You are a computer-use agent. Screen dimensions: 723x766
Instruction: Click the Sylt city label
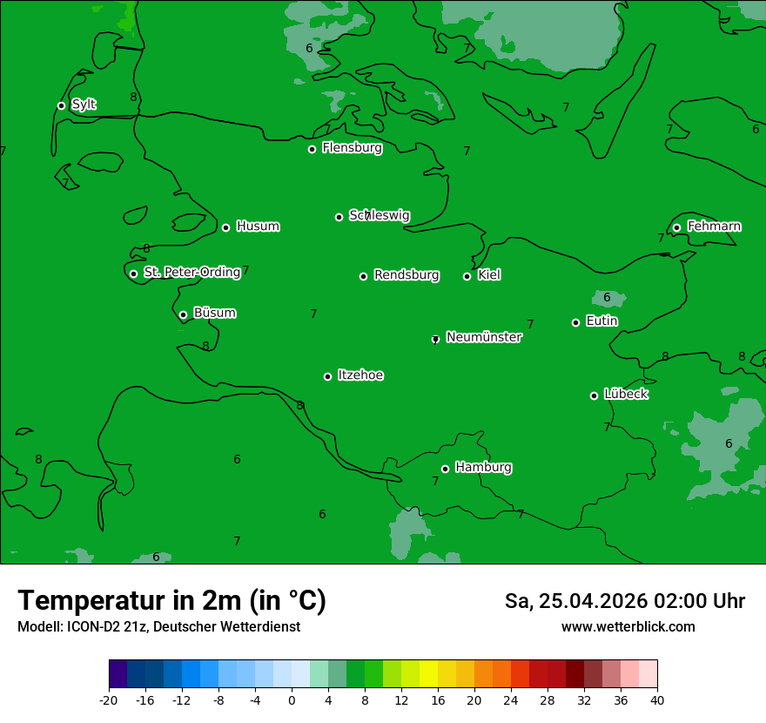point(84,105)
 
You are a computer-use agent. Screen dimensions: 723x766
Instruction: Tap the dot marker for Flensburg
point(312,149)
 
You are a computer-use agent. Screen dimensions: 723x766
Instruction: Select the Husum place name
point(258,226)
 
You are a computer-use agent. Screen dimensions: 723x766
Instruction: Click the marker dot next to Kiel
point(467,276)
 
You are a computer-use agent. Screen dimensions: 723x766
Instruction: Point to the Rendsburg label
point(407,275)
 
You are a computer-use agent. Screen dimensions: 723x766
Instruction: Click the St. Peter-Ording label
point(192,273)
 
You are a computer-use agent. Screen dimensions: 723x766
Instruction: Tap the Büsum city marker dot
point(183,314)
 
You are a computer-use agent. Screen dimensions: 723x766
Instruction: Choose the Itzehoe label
point(360,375)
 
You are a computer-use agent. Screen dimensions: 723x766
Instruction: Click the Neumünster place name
point(484,337)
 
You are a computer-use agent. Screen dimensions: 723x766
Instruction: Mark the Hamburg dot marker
point(445,469)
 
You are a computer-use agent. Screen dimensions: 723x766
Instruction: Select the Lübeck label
point(626,394)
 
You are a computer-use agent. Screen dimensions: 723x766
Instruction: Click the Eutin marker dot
point(575,322)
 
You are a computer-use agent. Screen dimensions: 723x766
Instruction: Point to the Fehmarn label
point(714,226)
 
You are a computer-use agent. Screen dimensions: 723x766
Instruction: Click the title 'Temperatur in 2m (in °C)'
point(172,600)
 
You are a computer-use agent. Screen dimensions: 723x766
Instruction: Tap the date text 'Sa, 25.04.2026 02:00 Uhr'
point(625,601)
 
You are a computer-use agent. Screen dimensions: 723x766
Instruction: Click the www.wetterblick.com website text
point(628,626)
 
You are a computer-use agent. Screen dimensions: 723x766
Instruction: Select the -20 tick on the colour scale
point(109,699)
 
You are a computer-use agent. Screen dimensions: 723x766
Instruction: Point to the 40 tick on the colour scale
point(657,699)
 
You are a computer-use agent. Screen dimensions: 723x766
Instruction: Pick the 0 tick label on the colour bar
point(292,699)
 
